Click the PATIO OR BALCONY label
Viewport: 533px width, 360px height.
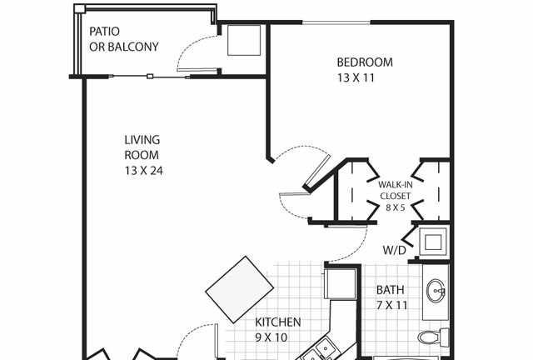coord(124,39)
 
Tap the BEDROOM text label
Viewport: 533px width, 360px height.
coord(365,62)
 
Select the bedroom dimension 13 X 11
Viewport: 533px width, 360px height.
coord(356,78)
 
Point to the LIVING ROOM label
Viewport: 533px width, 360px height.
coord(142,147)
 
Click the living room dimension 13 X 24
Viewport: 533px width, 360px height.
coord(144,171)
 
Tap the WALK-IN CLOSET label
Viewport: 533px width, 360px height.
coord(396,190)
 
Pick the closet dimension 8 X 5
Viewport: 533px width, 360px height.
coord(396,207)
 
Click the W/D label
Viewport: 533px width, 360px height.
coord(394,251)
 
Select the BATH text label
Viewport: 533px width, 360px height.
coord(391,290)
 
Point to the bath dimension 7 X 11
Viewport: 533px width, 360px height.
coord(391,305)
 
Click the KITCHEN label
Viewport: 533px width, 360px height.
coord(277,322)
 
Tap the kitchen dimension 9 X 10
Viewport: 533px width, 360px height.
coord(271,337)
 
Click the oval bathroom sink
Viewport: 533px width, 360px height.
coord(436,291)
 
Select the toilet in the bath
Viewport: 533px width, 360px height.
coord(434,337)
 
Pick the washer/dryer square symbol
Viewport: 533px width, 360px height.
coord(433,242)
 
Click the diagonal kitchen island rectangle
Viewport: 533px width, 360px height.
coord(240,289)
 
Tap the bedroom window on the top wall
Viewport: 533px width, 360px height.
coord(336,22)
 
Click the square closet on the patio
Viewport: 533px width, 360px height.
coord(244,40)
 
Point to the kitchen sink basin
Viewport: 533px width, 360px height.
coord(324,347)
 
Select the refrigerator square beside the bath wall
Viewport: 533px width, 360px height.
coord(341,283)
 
